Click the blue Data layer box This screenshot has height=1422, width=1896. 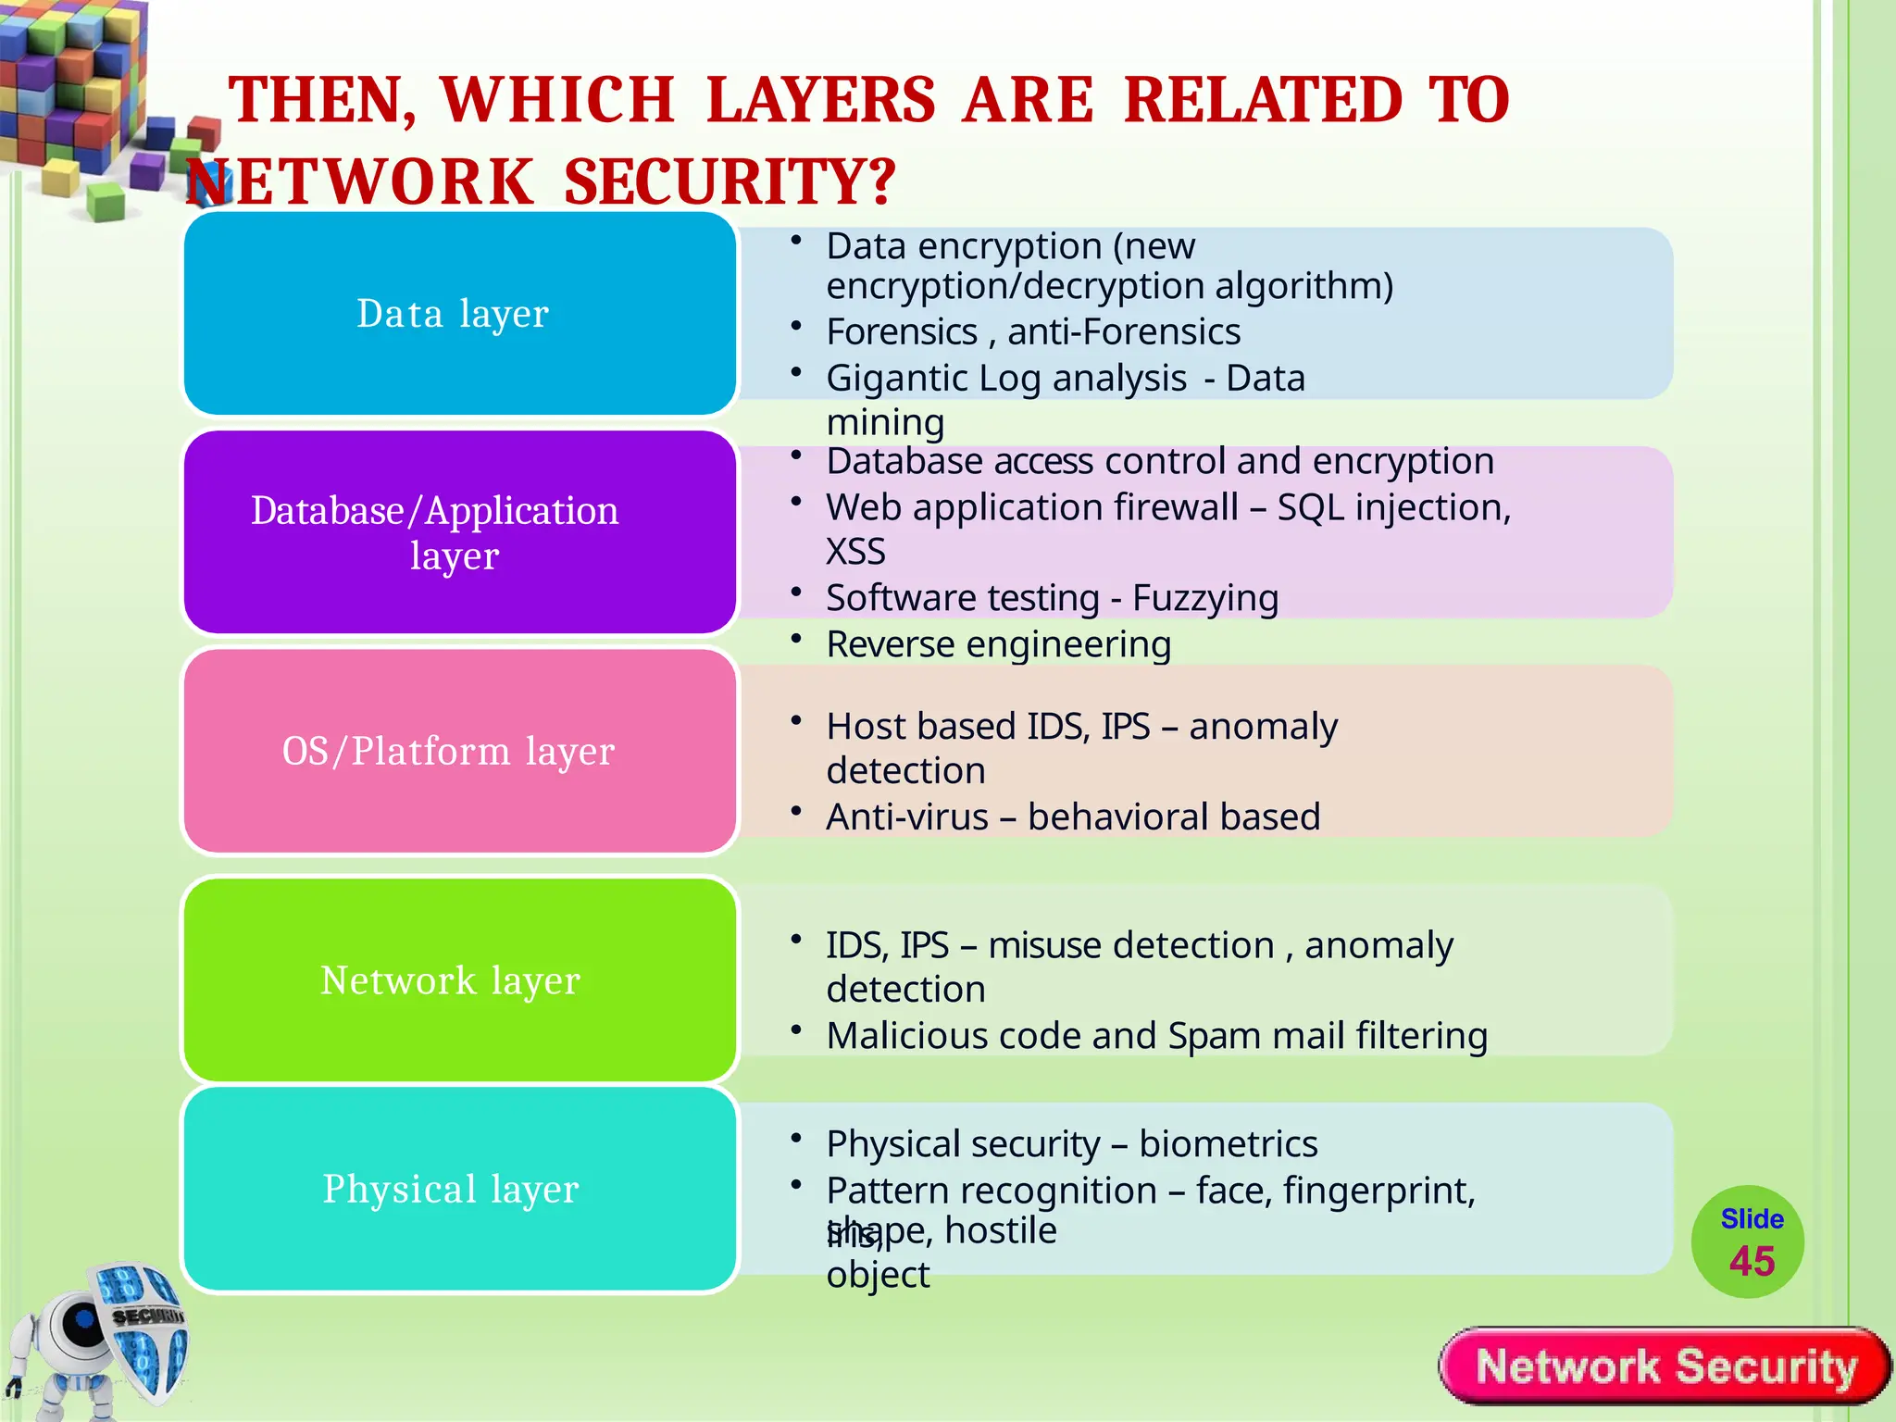(x=459, y=313)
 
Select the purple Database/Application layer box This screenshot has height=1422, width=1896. (x=459, y=532)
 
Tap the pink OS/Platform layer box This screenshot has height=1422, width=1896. (x=459, y=751)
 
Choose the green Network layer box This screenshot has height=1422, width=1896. (x=459, y=979)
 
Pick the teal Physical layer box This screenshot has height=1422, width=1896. (x=459, y=1189)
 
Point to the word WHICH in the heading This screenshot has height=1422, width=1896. (x=557, y=100)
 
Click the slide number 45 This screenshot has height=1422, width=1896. (x=1752, y=1261)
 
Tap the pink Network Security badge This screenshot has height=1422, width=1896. (x=1665, y=1366)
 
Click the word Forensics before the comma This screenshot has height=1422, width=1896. (x=902, y=331)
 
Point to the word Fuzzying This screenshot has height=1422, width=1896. (x=1205, y=598)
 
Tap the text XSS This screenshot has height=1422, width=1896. (x=855, y=552)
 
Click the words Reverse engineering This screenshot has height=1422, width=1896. (x=998, y=644)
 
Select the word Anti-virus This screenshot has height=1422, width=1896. (x=907, y=817)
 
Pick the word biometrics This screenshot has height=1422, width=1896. (x=1228, y=1144)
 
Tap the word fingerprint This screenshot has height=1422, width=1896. (x=1378, y=1191)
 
